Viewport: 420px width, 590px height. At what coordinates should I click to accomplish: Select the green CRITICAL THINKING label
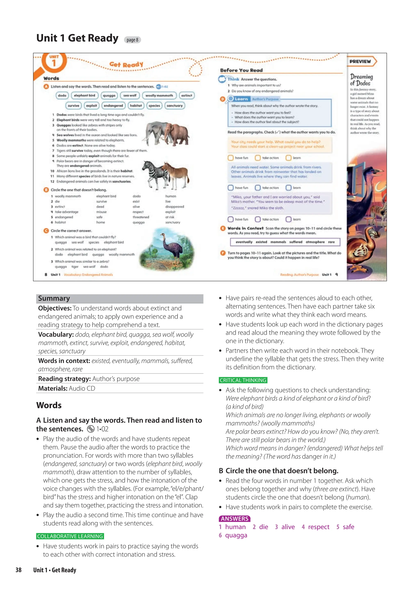[x=243, y=380]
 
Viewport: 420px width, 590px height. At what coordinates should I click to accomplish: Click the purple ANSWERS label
[x=234, y=519]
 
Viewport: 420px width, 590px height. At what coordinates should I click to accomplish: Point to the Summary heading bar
[x=120, y=299]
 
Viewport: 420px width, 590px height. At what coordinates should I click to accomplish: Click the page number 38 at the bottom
[x=18, y=570]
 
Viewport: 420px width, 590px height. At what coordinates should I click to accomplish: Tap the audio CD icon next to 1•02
[x=91, y=429]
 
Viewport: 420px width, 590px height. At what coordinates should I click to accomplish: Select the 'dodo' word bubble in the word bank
[x=62, y=96]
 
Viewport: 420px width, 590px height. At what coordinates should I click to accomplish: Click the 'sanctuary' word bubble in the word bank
[x=175, y=106]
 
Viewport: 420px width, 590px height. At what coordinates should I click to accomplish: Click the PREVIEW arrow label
[x=361, y=61]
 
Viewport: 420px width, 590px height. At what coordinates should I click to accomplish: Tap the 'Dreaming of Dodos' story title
[x=361, y=80]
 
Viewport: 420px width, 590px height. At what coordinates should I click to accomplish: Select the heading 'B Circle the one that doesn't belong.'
[x=278, y=471]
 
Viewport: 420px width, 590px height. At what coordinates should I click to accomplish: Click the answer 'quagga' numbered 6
[x=236, y=535]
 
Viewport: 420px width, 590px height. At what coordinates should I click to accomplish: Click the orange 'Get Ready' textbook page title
[x=126, y=65]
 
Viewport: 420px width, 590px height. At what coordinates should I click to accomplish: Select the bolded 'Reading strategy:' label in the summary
[x=64, y=379]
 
